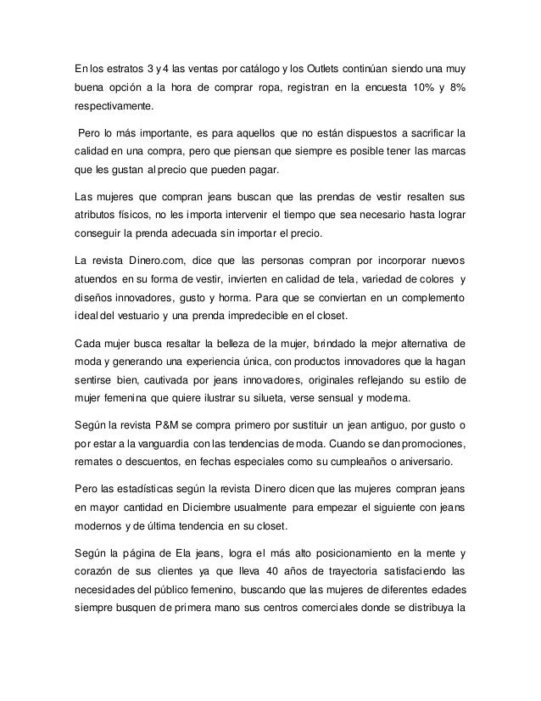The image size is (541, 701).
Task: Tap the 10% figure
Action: [421, 88]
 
